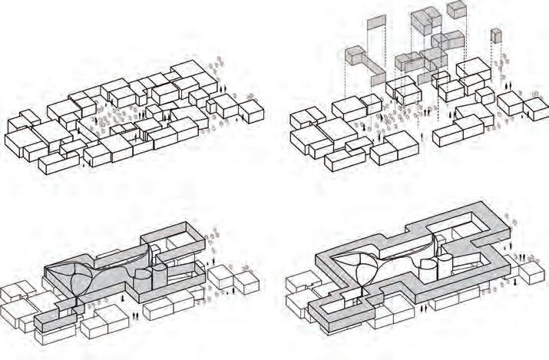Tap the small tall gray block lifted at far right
click(x=496, y=36)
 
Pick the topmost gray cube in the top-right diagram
click(x=457, y=9)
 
